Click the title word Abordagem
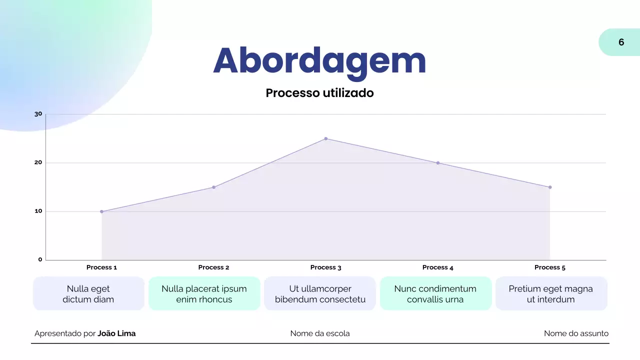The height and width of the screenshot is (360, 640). point(319,61)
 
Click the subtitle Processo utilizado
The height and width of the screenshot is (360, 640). point(319,93)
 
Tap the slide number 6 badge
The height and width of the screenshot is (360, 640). point(621,42)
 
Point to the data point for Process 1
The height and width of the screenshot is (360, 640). point(101,211)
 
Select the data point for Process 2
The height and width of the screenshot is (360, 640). point(213,187)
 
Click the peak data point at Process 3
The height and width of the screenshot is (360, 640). point(325,138)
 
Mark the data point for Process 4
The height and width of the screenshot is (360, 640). point(437,163)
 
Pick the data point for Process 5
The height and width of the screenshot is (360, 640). point(550,187)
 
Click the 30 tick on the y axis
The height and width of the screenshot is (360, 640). point(38,114)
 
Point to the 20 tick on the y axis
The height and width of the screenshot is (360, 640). point(38,163)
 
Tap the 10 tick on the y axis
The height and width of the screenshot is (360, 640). point(38,211)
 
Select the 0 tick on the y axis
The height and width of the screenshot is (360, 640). point(40,259)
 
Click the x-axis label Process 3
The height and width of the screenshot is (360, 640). point(325,267)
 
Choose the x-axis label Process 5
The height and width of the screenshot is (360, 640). point(550,267)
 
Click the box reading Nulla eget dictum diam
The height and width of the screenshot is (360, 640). point(88,294)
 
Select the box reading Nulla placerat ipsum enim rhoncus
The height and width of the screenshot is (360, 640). point(204,294)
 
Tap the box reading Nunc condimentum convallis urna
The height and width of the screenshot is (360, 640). point(435,294)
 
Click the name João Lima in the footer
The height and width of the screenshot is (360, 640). point(116,333)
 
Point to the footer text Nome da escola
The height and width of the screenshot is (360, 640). point(320,333)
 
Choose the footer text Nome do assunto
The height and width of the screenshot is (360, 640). point(576,333)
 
